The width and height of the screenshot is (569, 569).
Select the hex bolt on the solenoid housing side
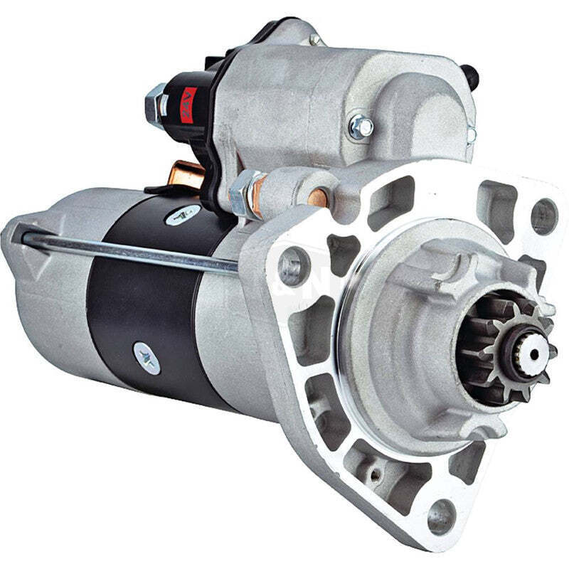(361, 127)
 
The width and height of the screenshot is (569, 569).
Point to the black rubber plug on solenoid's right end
(470, 73)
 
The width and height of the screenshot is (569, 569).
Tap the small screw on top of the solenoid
(314, 39)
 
